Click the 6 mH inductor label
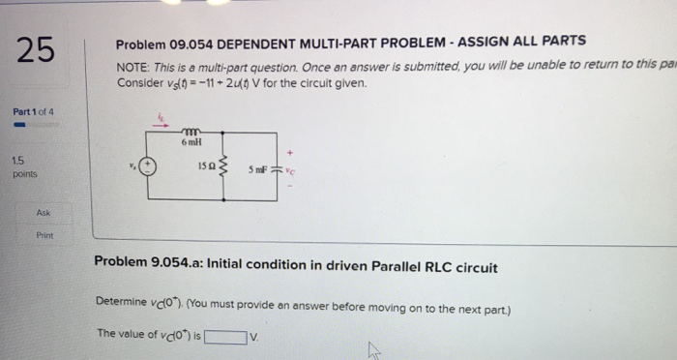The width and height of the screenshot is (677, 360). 190,142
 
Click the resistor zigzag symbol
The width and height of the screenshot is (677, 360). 225,170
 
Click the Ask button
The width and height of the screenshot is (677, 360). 44,211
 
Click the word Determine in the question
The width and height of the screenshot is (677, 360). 122,301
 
